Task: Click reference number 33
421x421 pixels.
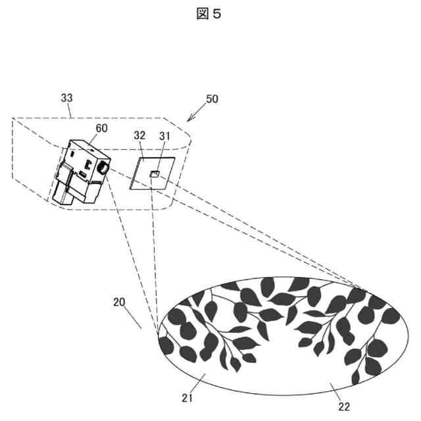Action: pyautogui.click(x=66, y=97)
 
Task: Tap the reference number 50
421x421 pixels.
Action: pyautogui.click(x=212, y=99)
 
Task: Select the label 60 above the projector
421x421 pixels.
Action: pyautogui.click(x=102, y=128)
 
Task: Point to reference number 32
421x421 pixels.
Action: pyautogui.click(x=139, y=136)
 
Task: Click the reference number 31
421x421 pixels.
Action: pyautogui.click(x=164, y=136)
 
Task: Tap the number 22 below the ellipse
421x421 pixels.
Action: pyautogui.click(x=343, y=407)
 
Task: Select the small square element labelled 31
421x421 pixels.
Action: pyautogui.click(x=153, y=174)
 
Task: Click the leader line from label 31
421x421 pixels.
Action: pyautogui.click(x=160, y=157)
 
